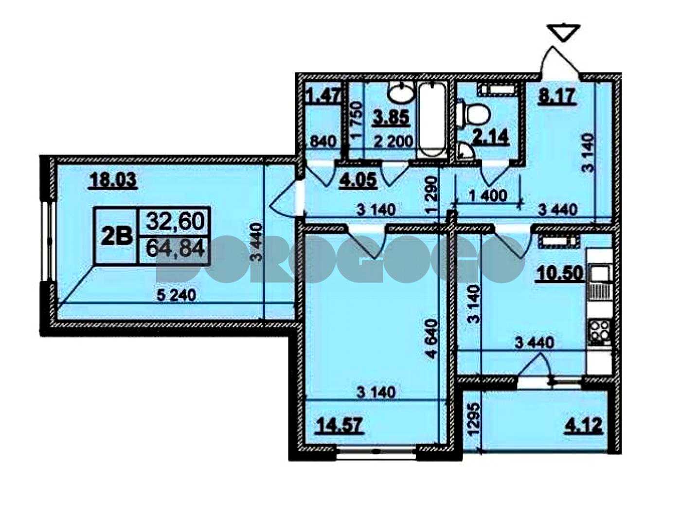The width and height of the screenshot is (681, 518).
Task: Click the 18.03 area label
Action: point(113,181)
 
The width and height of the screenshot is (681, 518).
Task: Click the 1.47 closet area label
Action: point(323,95)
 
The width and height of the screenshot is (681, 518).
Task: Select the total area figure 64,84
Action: point(175,249)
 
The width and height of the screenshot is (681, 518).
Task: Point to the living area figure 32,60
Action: point(175,221)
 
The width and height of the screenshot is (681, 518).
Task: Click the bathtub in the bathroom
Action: point(433,120)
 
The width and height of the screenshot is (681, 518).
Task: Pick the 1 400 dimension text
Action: point(489,196)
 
